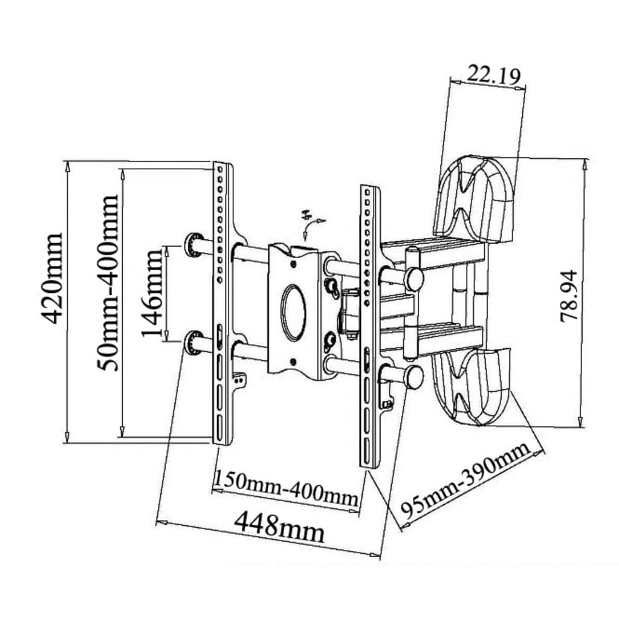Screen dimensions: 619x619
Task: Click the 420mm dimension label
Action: [54, 279]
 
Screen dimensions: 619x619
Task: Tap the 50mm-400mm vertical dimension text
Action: [109, 282]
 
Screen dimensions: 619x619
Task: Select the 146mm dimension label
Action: [154, 293]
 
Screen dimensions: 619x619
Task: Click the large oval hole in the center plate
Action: [295, 312]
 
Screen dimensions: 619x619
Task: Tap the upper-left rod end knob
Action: [193, 245]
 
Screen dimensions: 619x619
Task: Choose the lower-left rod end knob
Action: [193, 343]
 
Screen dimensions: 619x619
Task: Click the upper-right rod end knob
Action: [414, 279]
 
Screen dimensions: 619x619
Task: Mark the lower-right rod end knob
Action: [414, 376]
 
